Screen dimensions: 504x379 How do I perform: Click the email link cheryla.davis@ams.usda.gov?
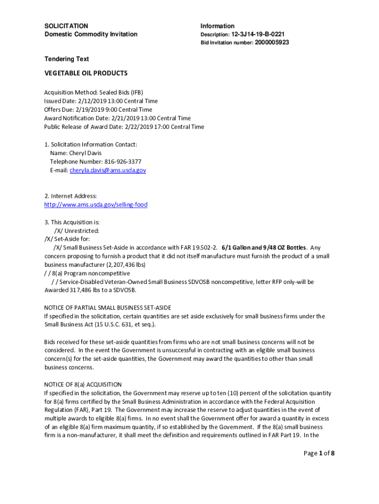107,170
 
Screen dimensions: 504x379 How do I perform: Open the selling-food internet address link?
95,204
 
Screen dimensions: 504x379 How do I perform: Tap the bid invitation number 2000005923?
272,43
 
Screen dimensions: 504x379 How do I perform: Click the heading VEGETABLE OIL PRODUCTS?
86,73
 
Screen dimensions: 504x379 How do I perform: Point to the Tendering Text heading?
67,59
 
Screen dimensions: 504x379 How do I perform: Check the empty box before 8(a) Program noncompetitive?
47,273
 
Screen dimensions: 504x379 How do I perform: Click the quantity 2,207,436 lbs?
122,265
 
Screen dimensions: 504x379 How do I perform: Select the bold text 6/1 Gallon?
237,248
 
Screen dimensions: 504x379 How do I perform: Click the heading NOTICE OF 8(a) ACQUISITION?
83,384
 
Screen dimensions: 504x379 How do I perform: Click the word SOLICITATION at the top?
66,26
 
